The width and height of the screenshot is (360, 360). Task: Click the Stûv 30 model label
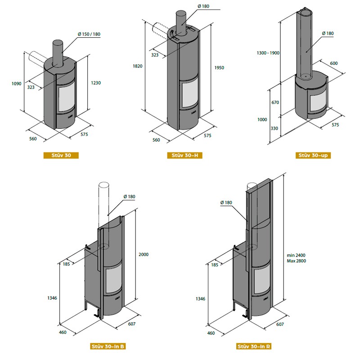click(61, 155)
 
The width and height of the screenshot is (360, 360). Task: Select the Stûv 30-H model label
click(185, 155)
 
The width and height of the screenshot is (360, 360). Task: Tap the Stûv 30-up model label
click(313, 155)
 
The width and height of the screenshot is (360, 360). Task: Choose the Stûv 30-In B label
click(108, 346)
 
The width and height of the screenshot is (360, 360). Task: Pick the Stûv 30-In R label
click(254, 346)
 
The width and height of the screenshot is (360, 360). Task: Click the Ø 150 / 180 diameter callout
click(89, 34)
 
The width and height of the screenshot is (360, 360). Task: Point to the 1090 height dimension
click(16, 84)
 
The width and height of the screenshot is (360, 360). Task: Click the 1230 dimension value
click(96, 83)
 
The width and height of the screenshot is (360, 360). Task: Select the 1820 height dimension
click(138, 66)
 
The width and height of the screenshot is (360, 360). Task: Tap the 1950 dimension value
click(219, 68)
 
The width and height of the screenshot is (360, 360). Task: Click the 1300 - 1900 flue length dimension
click(268, 53)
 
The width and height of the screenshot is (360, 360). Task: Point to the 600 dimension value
click(334, 63)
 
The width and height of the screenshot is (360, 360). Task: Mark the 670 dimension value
click(275, 103)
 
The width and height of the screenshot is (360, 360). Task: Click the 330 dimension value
click(274, 128)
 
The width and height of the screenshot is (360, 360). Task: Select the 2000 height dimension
click(144, 254)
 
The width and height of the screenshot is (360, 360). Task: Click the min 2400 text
click(296, 255)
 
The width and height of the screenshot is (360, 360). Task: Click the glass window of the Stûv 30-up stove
click(318, 103)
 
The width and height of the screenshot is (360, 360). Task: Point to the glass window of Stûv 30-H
click(190, 94)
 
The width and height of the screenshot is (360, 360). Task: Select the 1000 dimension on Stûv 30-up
click(262, 119)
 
